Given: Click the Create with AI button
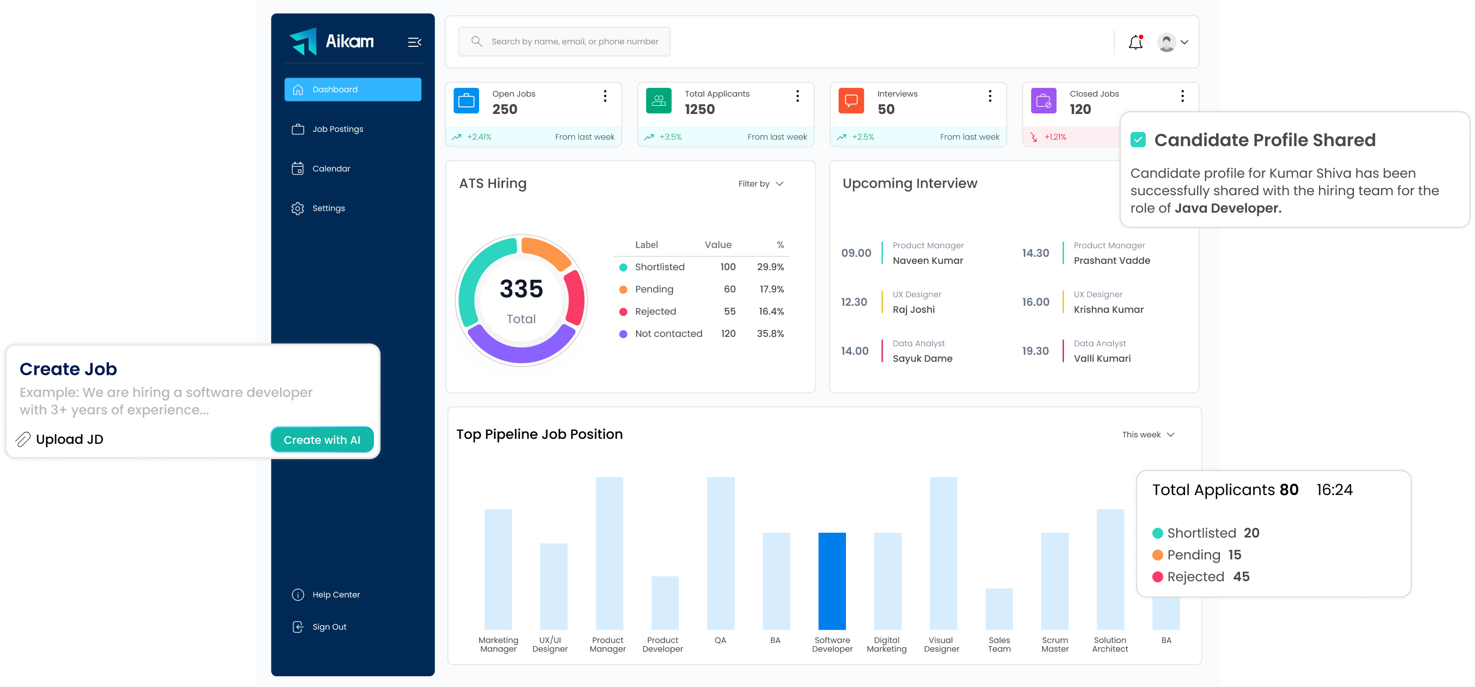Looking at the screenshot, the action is pos(322,439).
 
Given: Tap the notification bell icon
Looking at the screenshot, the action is pos(1135,42).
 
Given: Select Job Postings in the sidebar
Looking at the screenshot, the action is pos(337,129).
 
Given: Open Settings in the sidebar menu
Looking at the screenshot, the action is pos(328,208).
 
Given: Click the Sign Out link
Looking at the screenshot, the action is pos(329,627).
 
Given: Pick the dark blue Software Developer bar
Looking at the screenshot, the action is pos(831,581).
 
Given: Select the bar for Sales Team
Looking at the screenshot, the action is pos(999,608).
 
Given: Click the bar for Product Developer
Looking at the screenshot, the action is pos(665,603).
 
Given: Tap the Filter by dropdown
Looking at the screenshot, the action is pos(760,183).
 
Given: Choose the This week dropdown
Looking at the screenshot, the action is pos(1147,435).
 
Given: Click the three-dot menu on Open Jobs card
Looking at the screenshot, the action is pos(604,95).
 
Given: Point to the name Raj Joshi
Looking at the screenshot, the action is pos(913,309).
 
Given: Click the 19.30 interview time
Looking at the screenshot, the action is pos(1035,351).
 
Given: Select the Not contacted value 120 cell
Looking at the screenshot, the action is pos(728,334).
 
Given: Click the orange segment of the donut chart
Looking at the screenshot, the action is pos(545,252).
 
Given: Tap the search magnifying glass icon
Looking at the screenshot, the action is pos(476,41).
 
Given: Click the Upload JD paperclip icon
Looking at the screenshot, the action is pos(23,439).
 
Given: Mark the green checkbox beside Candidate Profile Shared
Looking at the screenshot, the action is pos(1138,140).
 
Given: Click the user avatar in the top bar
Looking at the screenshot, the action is pos(1166,42).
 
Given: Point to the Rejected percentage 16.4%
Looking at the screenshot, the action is pos(771,311).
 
